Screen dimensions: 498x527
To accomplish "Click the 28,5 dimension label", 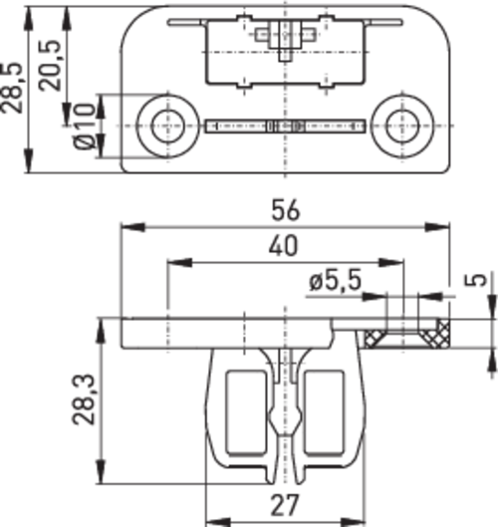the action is [12, 88].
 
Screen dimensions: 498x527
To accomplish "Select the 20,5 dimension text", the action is [51, 66].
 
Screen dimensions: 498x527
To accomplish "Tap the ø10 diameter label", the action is [85, 127].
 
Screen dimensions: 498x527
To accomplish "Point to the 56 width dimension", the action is [285, 211].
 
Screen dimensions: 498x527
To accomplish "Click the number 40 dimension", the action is [283, 246].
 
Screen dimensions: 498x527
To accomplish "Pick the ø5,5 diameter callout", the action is [336, 280].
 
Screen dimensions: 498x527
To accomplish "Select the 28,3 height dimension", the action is [84, 399].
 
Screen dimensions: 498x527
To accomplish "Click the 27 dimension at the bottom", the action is [284, 505].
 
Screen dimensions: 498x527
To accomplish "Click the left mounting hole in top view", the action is [168, 127].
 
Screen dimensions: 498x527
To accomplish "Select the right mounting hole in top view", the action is [402, 127].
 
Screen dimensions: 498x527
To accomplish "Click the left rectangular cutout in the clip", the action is [247, 412].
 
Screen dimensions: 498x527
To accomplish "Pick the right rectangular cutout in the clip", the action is [324, 412].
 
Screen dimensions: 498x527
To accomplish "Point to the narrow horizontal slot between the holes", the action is [285, 127].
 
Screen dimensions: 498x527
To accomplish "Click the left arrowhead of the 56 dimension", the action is [133, 227].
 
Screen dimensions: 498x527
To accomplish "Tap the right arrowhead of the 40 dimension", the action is [390, 262].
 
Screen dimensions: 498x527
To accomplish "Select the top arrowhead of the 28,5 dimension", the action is [29, 18].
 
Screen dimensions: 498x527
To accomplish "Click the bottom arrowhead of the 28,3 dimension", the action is [101, 472].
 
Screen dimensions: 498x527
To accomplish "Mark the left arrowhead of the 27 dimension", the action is [218, 523].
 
